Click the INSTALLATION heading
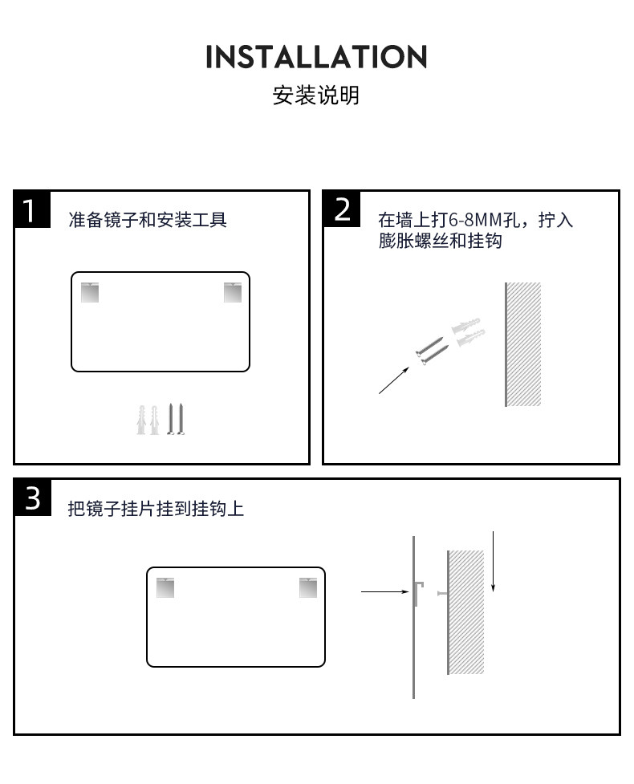316,58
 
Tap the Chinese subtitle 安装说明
316,96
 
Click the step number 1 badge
31,210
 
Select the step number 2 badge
342,209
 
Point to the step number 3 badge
32,498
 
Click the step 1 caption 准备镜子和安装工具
148,220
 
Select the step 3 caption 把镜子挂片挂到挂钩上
156,509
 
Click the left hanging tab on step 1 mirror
90,292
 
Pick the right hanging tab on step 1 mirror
233,292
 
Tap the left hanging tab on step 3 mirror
165,587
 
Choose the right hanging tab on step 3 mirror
308,587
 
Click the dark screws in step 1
177,419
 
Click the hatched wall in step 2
523,344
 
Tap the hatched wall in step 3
465,611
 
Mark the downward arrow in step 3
493,561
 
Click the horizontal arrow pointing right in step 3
385,592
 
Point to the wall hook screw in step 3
441,593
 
